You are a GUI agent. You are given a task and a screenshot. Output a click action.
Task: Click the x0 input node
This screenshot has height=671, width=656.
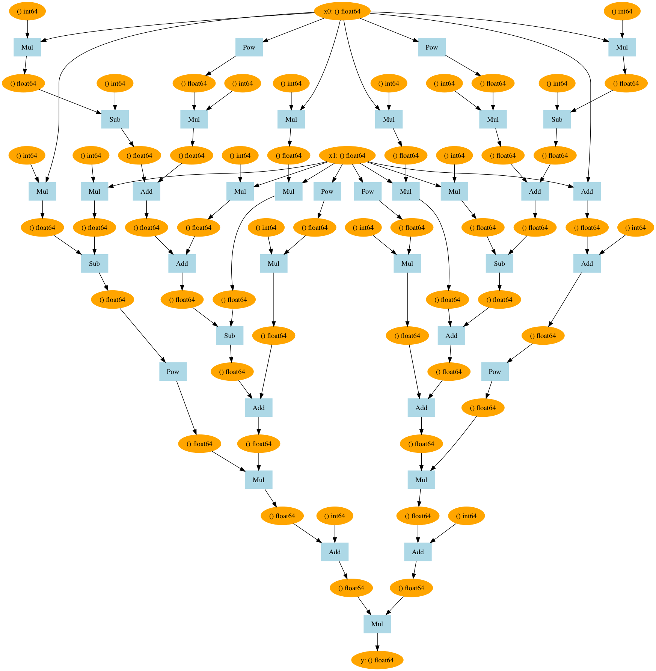click(x=342, y=11)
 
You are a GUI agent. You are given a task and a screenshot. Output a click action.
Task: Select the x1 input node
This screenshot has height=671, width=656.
click(x=347, y=155)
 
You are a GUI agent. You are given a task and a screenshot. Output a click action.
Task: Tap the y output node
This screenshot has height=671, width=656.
click(x=377, y=660)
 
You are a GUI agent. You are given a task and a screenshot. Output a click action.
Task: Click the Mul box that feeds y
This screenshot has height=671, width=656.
click(x=377, y=624)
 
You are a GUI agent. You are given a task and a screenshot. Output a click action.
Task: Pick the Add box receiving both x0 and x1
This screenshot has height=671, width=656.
click(x=587, y=191)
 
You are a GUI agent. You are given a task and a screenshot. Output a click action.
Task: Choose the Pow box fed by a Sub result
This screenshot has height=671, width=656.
click(x=173, y=372)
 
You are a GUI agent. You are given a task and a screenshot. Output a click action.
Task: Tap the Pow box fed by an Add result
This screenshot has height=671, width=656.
click(x=495, y=372)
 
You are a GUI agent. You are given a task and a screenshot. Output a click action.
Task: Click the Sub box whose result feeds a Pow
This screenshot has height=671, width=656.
click(x=94, y=264)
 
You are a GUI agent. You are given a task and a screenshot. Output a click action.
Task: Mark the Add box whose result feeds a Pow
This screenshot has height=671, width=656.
click(x=587, y=264)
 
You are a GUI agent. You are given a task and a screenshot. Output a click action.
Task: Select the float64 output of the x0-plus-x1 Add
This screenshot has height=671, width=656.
click(x=587, y=228)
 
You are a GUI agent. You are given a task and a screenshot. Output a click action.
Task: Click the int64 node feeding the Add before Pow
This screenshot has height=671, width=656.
click(x=635, y=228)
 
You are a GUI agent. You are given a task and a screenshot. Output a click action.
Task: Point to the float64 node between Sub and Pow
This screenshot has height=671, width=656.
click(x=112, y=300)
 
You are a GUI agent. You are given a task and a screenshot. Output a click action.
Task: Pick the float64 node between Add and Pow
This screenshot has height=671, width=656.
click(x=543, y=336)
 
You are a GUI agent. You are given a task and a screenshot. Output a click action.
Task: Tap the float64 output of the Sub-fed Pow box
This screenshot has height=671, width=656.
click(x=199, y=444)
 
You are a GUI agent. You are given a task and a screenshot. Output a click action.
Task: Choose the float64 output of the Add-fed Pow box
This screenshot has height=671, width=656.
click(x=483, y=408)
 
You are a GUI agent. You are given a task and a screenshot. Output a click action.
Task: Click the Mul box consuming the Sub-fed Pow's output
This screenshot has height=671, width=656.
click(x=258, y=480)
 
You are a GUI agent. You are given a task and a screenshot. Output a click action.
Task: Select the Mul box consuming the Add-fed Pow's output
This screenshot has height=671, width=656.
click(x=421, y=480)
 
